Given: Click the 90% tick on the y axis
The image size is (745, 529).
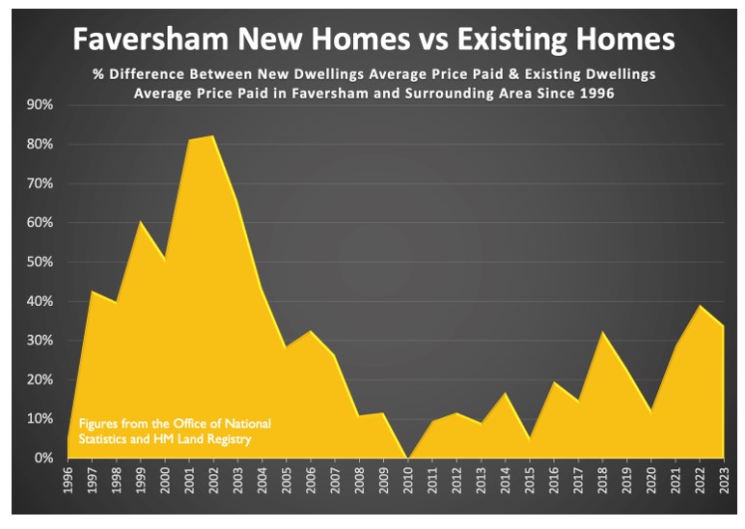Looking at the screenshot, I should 39,104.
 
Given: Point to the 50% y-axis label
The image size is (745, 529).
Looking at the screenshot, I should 39,262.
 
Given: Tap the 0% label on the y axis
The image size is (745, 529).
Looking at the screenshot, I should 42,459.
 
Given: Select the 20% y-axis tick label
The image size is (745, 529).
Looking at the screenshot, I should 39,379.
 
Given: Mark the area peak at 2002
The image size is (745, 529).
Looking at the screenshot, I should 213,136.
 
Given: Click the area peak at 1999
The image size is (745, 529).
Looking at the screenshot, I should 141,222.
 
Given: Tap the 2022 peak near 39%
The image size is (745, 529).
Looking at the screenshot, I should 699,306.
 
